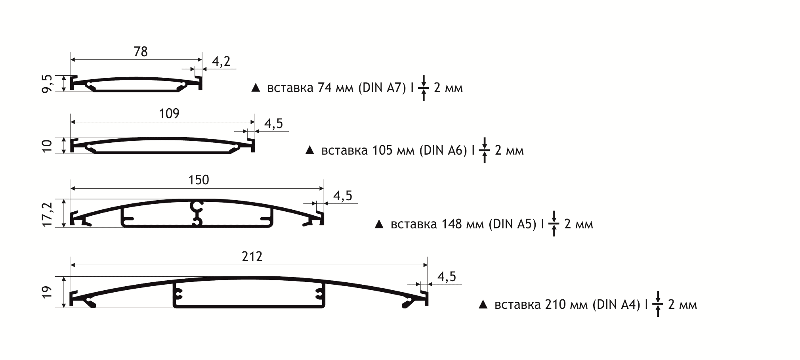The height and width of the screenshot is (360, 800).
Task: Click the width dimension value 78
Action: [141, 52]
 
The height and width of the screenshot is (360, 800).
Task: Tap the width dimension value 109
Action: [169, 114]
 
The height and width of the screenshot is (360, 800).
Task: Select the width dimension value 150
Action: [199, 180]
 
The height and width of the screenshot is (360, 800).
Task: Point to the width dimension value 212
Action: [252, 257]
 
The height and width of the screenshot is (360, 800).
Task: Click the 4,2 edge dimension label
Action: [221, 61]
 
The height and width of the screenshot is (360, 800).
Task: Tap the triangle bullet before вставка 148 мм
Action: [379, 224]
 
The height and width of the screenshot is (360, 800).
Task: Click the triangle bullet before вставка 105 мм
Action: [310, 150]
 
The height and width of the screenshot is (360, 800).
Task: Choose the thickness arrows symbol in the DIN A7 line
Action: [424, 88]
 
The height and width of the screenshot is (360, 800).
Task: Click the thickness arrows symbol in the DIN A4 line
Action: [658, 304]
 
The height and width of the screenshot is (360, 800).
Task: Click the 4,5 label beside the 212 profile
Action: [447, 277]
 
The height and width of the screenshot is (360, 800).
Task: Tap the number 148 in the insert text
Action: [452, 224]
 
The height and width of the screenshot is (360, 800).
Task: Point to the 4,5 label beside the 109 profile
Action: [273, 124]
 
